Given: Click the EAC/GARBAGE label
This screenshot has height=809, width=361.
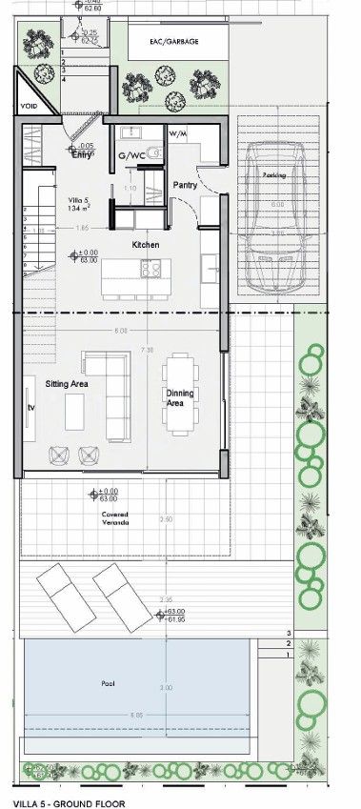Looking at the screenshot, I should coord(173,42).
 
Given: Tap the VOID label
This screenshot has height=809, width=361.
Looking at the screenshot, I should coord(29,106).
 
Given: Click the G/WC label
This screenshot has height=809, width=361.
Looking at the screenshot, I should coord(130,154).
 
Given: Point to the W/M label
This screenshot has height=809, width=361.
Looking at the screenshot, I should coord(178,134).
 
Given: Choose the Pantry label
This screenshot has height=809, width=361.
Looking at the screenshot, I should coord(185,185).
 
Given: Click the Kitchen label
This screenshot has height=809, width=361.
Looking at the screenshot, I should coord(146,245).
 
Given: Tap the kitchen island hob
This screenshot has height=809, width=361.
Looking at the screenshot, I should coord(150,270).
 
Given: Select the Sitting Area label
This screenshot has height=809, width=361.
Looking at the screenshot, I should coord(67,383).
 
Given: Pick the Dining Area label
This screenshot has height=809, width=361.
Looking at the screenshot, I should coord(180,398).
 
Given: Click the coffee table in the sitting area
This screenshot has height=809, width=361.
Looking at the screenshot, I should coord(74,413).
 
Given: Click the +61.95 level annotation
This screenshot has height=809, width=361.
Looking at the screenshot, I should coord(176,619).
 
